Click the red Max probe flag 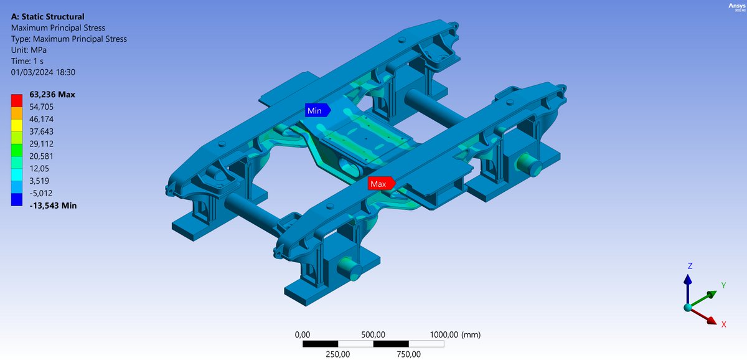(382, 184)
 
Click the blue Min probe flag (317, 110)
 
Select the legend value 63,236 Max (52, 95)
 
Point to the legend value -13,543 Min (53, 206)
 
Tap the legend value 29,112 (41, 144)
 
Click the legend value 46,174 (41, 119)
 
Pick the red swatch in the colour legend (17, 100)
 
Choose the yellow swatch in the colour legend (17, 125)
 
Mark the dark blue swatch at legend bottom (17, 199)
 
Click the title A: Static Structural (48, 17)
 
